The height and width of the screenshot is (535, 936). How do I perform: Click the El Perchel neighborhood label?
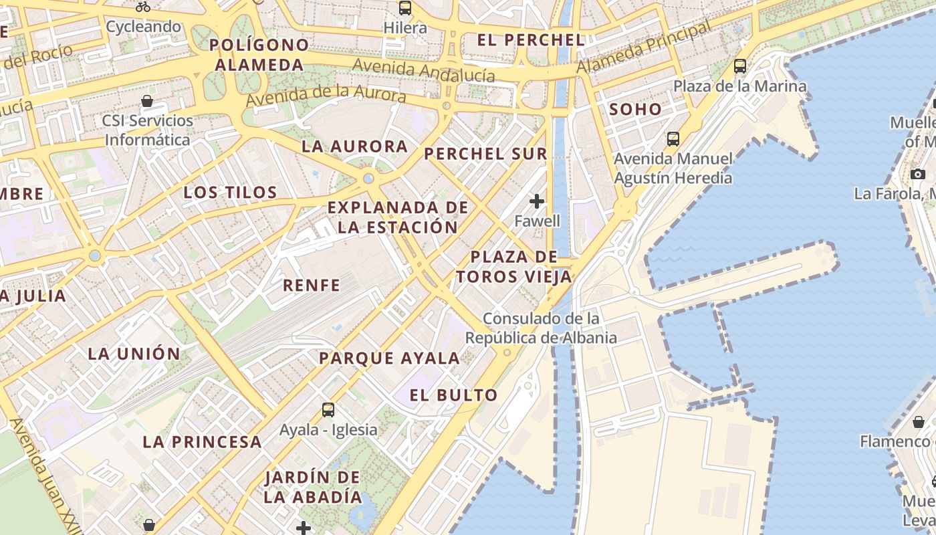(531, 39)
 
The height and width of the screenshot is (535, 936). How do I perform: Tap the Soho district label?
(635, 109)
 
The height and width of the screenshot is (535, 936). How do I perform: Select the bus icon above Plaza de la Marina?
(739, 66)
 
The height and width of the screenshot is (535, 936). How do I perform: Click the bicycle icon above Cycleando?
(143, 7)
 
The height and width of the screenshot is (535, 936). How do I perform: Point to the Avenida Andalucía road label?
(424, 70)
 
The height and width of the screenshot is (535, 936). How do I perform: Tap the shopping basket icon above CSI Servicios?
(147, 102)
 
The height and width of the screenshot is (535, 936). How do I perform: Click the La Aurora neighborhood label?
(354, 146)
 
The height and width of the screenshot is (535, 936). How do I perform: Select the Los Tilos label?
(231, 193)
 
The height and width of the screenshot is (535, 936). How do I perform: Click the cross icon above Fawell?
(537, 201)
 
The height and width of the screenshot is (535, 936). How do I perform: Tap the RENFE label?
(312, 286)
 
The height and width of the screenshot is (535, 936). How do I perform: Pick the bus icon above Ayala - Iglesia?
(328, 410)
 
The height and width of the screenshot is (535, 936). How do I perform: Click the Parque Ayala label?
(389, 358)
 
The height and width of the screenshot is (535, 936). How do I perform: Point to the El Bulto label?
(454, 395)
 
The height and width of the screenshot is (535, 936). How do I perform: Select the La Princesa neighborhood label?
(202, 442)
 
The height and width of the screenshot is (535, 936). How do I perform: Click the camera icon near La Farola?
(918, 175)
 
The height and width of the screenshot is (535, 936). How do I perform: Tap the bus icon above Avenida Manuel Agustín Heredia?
(673, 139)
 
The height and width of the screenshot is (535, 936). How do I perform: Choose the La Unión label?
(134, 354)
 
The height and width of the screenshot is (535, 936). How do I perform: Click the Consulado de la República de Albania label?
(541, 328)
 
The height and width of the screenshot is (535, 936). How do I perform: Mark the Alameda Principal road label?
(645, 47)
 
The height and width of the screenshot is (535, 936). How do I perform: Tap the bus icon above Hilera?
(405, 8)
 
